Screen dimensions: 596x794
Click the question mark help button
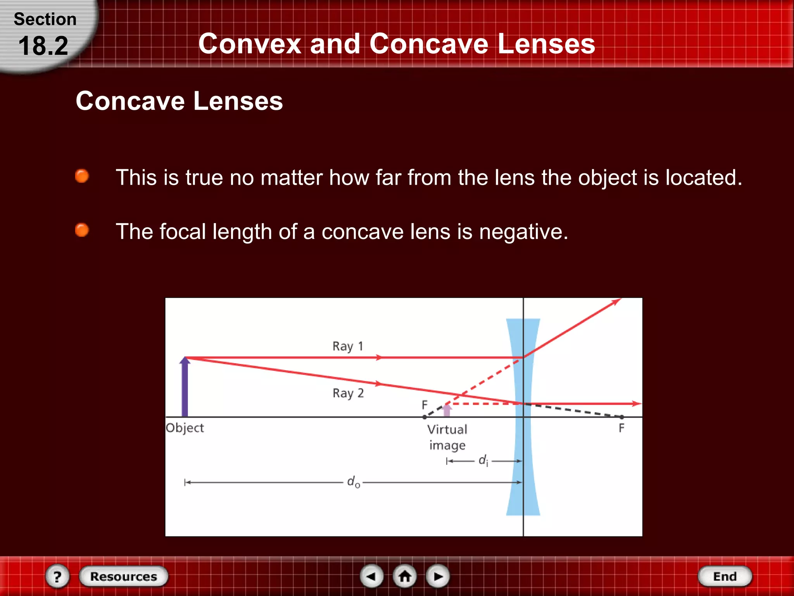pyautogui.click(x=57, y=576)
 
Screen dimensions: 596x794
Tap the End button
pyautogui.click(x=725, y=576)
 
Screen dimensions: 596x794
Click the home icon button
pyautogui.click(x=405, y=576)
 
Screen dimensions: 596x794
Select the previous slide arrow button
pyautogui.click(x=371, y=576)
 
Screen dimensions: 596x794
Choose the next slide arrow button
pyautogui.click(x=438, y=576)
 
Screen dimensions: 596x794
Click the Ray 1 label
pyautogui.click(x=348, y=346)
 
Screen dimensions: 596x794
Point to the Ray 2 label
pyautogui.click(x=348, y=393)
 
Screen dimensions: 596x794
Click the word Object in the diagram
pyautogui.click(x=185, y=428)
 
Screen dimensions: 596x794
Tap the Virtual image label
pyautogui.click(x=447, y=437)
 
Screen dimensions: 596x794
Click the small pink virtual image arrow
pyautogui.click(x=447, y=410)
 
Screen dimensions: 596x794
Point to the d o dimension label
pyautogui.click(x=354, y=482)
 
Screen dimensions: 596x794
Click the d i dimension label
pyautogui.click(x=483, y=461)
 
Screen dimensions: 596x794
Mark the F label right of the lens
pyautogui.click(x=621, y=428)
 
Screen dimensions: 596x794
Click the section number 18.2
pyautogui.click(x=43, y=46)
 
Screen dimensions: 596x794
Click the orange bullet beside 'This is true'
pyautogui.click(x=82, y=176)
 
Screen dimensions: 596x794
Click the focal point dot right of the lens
pyautogui.click(x=622, y=417)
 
